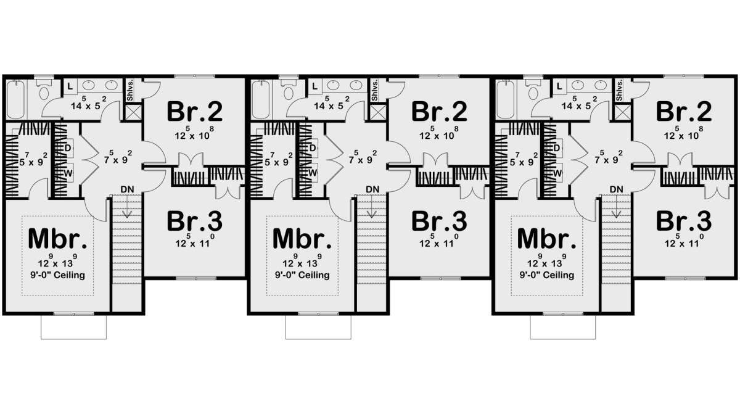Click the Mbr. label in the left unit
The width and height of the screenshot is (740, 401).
pos(58,238)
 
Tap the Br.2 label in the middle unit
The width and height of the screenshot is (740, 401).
pos(439,112)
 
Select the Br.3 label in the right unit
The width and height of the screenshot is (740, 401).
pos(684,221)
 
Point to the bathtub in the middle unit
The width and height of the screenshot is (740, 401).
pos(261,99)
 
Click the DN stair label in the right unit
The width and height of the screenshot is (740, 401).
pos(617,189)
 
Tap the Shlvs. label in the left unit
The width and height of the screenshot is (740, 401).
pos(130,90)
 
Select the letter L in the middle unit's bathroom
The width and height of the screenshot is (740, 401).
pos(314,86)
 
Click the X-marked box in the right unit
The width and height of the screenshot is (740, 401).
pos(622,112)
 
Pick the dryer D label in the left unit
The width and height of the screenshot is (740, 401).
pos(68,148)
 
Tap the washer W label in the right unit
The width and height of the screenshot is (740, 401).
pos(557,173)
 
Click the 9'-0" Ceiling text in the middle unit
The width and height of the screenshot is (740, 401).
pos(302,275)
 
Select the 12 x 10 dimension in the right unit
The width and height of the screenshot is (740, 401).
pos(684,133)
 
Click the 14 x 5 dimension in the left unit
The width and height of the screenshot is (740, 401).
pos(89,104)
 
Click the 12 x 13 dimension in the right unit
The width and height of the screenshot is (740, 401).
pos(547,261)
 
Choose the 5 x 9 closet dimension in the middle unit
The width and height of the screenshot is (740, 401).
pos(279,160)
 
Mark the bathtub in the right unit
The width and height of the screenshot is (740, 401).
pos(505,99)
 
